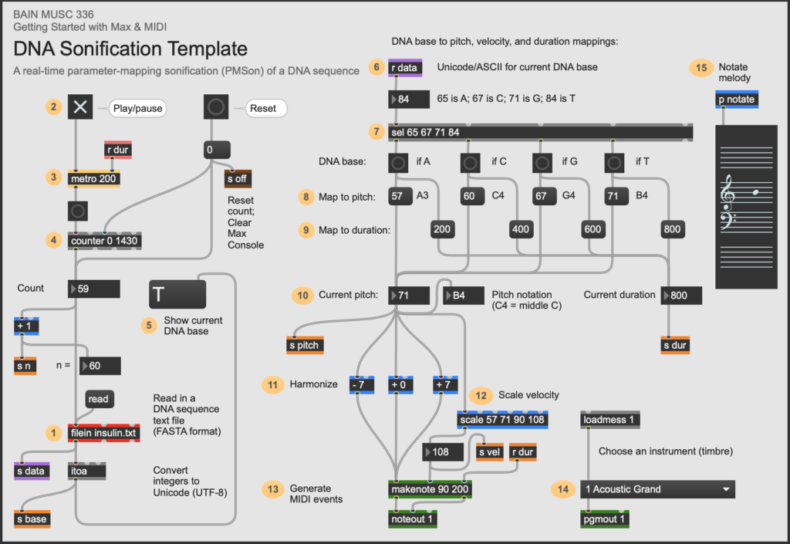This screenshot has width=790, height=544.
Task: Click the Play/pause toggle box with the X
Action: [x=79, y=107]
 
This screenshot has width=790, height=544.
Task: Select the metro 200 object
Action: [x=95, y=178]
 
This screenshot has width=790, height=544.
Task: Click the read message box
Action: [x=99, y=399]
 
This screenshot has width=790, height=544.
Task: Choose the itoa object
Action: [x=87, y=470]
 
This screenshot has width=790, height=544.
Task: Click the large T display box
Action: [x=177, y=295]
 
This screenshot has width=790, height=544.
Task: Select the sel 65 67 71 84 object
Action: [x=540, y=132]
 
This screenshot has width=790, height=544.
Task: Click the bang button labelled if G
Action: [x=543, y=163]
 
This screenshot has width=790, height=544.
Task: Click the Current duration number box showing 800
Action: [x=681, y=295]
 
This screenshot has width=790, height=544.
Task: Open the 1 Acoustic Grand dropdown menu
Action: [x=657, y=488]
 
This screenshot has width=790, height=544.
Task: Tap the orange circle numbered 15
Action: [x=701, y=68]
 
